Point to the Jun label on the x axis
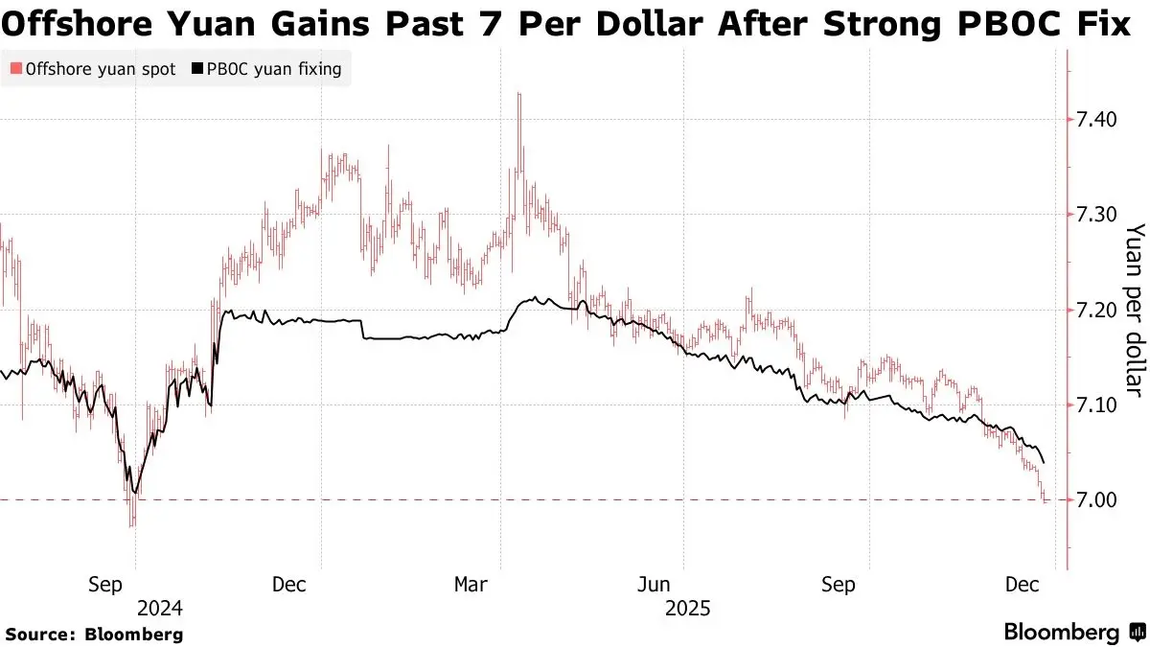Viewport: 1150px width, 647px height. [x=655, y=585]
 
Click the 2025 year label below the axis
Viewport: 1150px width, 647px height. [x=686, y=608]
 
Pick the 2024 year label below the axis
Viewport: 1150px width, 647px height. [x=159, y=608]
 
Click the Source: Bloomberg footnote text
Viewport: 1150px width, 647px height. [x=94, y=634]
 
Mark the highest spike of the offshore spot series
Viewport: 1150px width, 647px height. [x=518, y=95]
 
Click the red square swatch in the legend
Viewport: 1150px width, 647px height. [x=15, y=69]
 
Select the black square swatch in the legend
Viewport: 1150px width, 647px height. [x=197, y=69]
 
